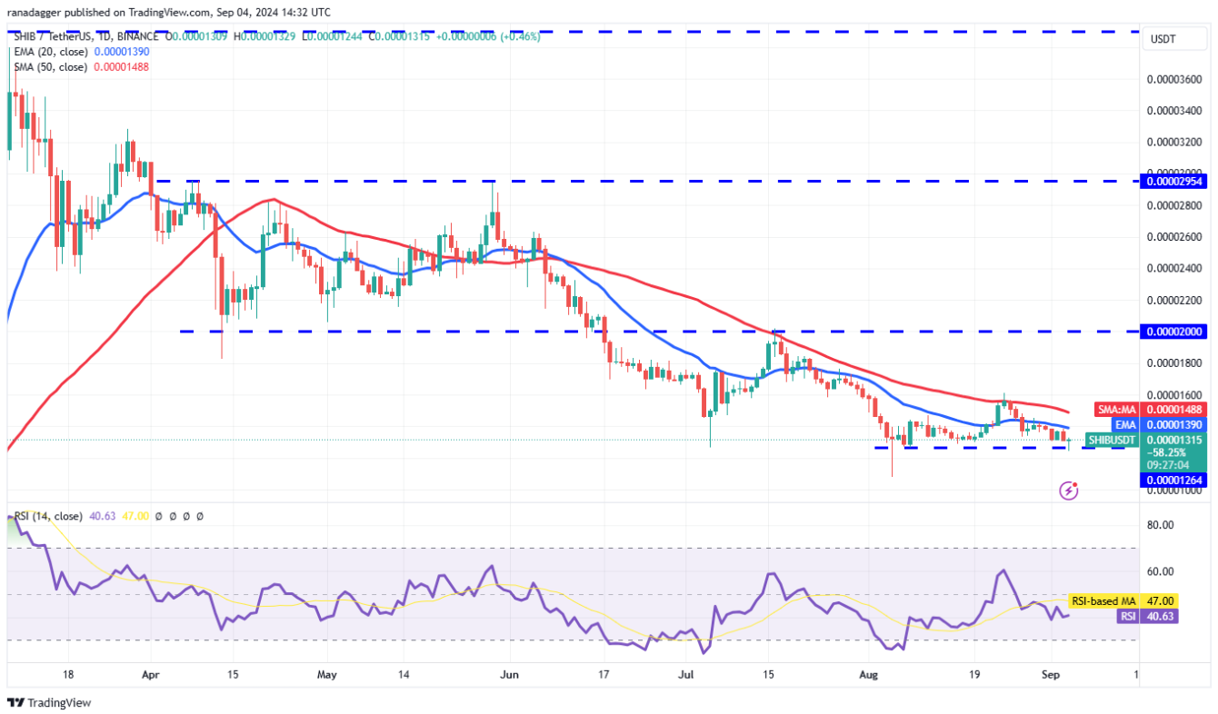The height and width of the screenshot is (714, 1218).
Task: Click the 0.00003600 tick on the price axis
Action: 1175,79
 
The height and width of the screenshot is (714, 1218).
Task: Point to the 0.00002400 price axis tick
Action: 1175,268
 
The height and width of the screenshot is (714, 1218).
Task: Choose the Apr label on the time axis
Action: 151,675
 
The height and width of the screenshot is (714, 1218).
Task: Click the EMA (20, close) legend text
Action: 51,52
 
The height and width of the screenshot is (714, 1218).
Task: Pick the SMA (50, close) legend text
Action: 51,67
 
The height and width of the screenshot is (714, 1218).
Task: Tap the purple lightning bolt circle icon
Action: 1070,491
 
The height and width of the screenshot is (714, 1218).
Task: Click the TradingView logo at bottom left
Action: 49,702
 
